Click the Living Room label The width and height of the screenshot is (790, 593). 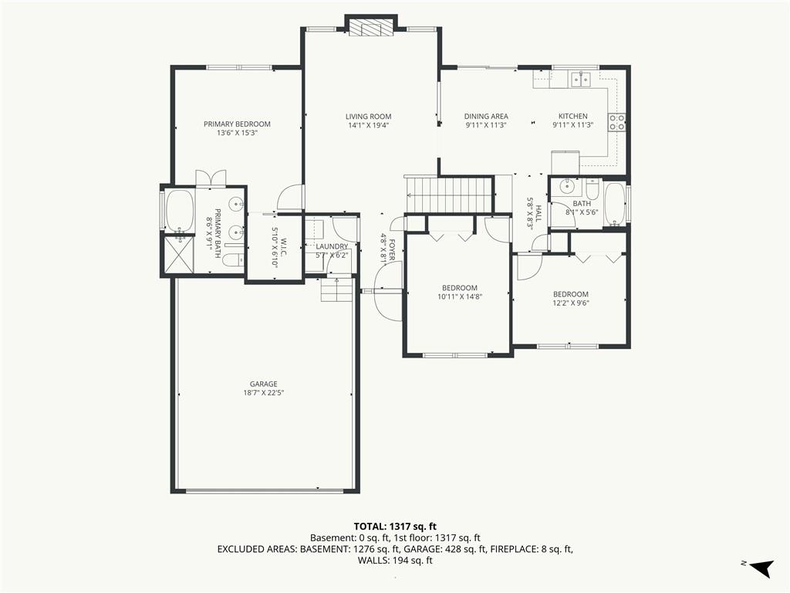tap(368, 117)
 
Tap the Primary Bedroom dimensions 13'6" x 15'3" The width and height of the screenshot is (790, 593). tap(237, 133)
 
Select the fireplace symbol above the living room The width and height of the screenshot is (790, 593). tap(371, 29)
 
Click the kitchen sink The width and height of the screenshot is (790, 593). tap(580, 80)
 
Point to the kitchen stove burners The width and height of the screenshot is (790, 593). tap(617, 123)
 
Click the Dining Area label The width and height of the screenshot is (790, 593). tap(486, 117)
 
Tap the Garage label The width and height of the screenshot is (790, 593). tap(264, 385)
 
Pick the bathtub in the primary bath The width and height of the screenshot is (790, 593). tap(180, 211)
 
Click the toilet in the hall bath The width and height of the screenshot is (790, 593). tap(591, 188)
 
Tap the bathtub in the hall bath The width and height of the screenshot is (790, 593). tap(615, 204)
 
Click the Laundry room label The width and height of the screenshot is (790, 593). tap(332, 246)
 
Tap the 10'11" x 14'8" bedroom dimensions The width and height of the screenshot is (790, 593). tap(460, 297)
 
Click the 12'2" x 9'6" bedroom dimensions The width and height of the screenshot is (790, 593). tap(571, 303)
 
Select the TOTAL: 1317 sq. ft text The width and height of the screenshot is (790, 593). tap(395, 527)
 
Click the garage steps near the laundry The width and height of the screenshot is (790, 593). tap(337, 290)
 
